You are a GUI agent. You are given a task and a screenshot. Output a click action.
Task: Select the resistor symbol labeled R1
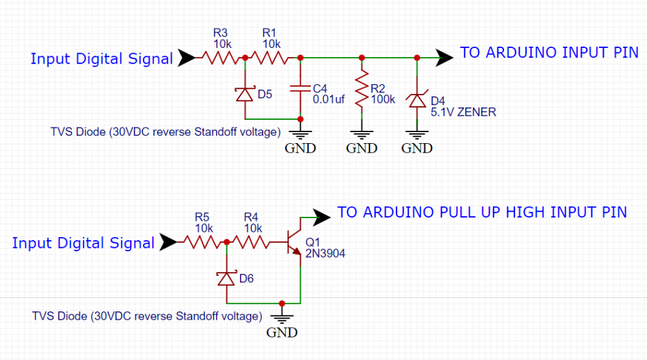[x=272, y=58]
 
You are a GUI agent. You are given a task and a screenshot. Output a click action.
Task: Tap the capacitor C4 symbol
[x=300, y=88]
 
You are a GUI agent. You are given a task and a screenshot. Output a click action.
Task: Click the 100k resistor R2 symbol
[x=362, y=88]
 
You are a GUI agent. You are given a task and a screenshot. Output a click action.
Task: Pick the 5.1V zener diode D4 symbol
[x=417, y=100]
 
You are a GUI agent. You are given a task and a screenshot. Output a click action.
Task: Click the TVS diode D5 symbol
[x=245, y=95]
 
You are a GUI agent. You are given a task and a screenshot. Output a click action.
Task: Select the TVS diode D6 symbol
[x=226, y=278]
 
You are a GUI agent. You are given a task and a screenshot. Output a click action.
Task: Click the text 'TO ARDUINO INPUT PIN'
[x=549, y=53]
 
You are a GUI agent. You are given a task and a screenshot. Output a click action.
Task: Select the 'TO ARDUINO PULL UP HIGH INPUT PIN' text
[x=482, y=212]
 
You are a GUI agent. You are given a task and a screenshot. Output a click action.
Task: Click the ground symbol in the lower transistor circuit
[x=282, y=317]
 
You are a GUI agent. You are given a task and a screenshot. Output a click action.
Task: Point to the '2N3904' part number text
[x=325, y=254]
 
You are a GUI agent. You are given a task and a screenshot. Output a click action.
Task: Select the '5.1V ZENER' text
[x=463, y=112]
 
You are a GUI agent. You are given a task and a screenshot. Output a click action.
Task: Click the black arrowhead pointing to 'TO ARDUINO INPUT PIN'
[x=444, y=58]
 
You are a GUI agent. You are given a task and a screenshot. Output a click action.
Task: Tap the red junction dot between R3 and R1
[x=245, y=58]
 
